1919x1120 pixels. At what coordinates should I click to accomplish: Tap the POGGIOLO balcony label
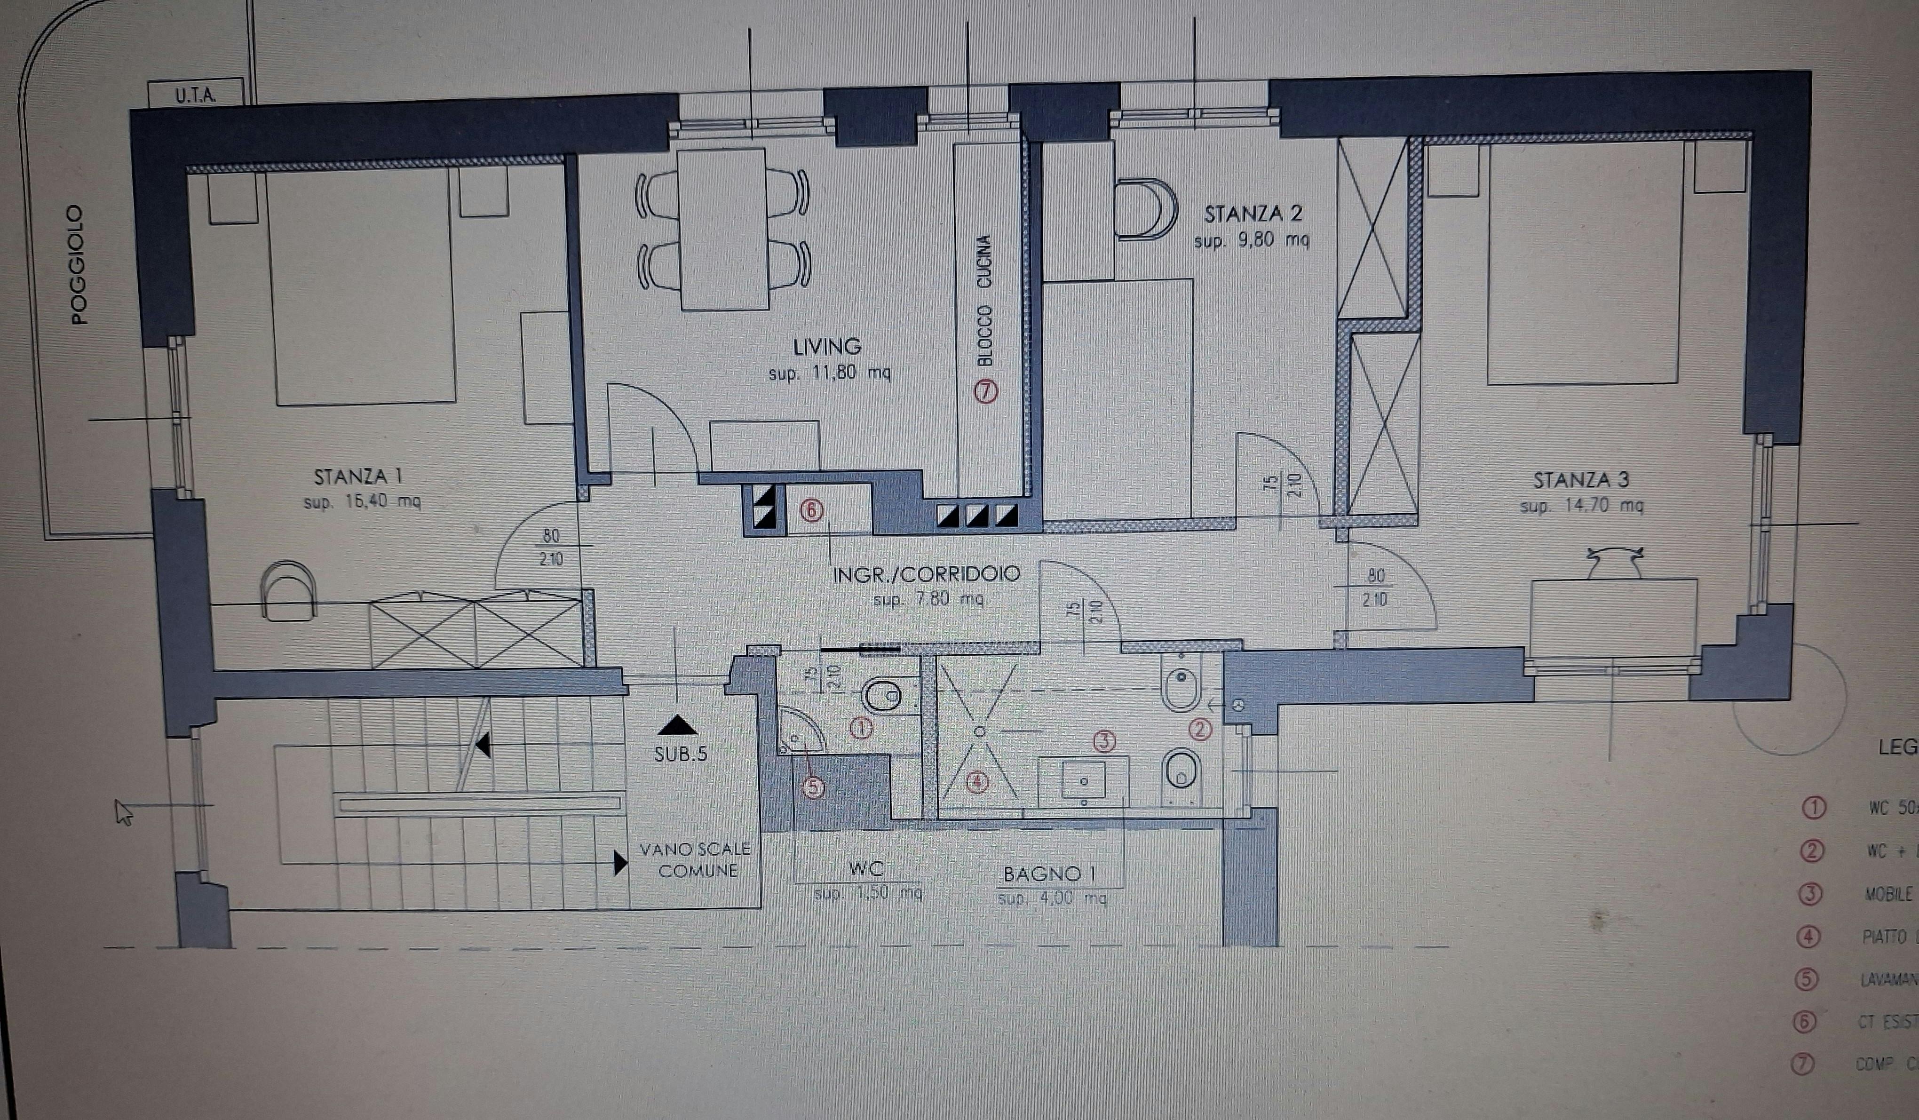pyautogui.click(x=79, y=264)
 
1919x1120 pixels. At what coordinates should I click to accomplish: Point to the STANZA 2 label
pyautogui.click(x=1253, y=214)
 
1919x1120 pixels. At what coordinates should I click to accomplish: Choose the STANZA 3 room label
pyautogui.click(x=1581, y=480)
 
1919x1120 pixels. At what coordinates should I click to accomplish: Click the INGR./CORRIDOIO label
pyautogui.click(x=926, y=574)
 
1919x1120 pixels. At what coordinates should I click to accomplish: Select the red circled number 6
pyautogui.click(x=812, y=510)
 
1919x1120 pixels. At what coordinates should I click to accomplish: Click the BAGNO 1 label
pyautogui.click(x=1049, y=874)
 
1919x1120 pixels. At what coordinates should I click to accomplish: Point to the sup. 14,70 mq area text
pyautogui.click(x=1581, y=506)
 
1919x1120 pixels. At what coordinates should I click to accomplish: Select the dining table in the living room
pyautogui.click(x=722, y=229)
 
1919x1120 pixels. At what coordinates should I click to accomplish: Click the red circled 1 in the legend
pyautogui.click(x=1814, y=808)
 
